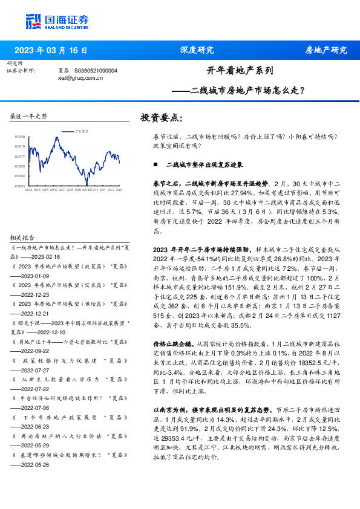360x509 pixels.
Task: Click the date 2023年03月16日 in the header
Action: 51,50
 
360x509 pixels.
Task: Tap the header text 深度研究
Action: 197,50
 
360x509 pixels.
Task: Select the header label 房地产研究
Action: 326,50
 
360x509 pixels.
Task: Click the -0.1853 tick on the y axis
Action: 21,186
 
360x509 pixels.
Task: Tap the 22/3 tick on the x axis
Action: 28,190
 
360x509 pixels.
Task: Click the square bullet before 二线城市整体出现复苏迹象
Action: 155,164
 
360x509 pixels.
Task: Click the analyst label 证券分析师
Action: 21,71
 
